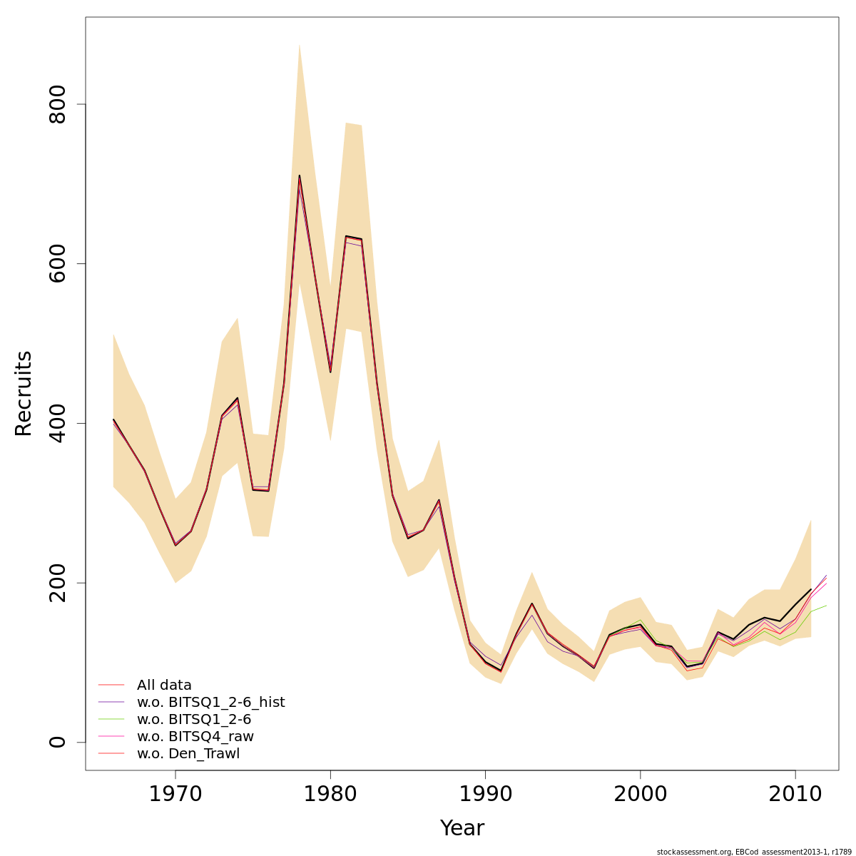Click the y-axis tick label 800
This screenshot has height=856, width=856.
click(57, 104)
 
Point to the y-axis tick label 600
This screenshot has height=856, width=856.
click(57, 263)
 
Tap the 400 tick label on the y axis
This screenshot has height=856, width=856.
click(57, 423)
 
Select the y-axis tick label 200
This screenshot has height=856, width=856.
click(57, 582)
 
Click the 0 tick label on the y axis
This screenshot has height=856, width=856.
click(57, 742)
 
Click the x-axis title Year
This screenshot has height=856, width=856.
click(462, 828)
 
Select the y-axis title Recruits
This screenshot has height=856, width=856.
click(24, 394)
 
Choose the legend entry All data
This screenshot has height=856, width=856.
click(164, 686)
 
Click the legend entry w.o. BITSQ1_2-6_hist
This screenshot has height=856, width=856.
click(210, 703)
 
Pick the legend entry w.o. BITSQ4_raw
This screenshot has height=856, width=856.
click(195, 737)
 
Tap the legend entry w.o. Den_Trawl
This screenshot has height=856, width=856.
click(188, 754)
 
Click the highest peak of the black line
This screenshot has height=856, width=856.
click(300, 175)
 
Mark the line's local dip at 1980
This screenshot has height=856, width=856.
click(330, 372)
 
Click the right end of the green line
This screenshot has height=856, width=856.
click(826, 606)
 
